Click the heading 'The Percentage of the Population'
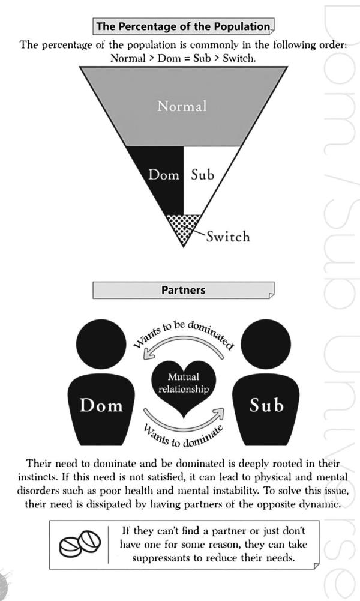[x=182, y=27]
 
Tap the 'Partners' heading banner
[x=183, y=290]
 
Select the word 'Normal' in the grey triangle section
[x=181, y=106]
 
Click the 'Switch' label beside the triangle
[x=227, y=236]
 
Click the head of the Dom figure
[x=101, y=345]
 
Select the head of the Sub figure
[x=266, y=345]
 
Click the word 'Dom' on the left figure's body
[x=101, y=405]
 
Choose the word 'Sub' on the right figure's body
[x=266, y=405]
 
